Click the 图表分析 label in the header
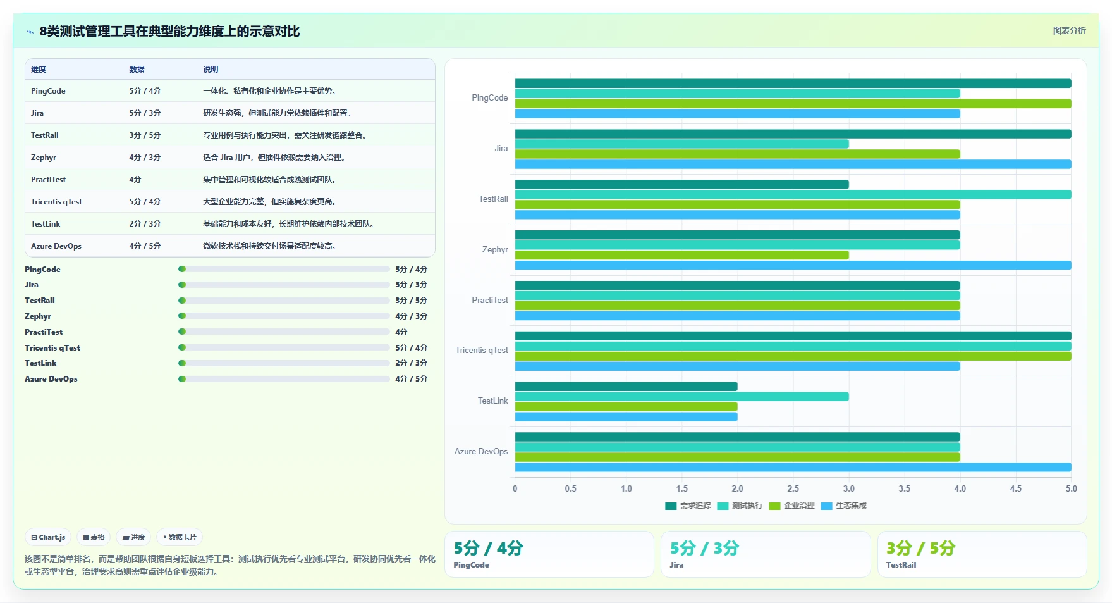1069,30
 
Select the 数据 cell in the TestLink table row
145,224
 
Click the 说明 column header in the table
211,70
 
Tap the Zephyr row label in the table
44,158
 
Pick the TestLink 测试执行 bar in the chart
681,397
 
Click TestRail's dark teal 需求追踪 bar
681,184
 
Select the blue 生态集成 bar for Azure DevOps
793,468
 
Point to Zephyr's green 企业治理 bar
681,255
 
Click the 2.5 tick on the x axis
793,488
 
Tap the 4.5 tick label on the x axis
1015,488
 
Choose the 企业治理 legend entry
792,506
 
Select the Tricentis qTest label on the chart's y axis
482,351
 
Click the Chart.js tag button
48,537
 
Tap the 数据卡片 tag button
180,537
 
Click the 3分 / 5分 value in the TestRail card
920,548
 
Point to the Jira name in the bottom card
676,565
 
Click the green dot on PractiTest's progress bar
182,332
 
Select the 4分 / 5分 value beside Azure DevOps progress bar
411,379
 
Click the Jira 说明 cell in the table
277,113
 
